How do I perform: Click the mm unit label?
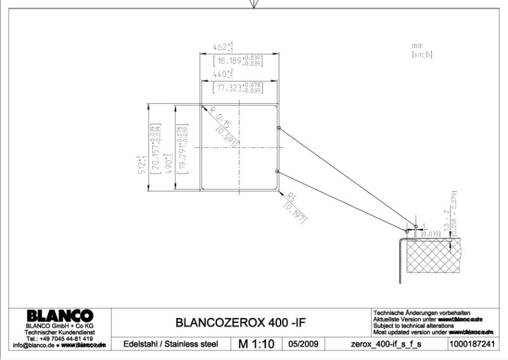coord(416,46)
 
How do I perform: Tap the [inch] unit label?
coord(421,55)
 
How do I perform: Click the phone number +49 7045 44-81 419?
coord(61,338)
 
